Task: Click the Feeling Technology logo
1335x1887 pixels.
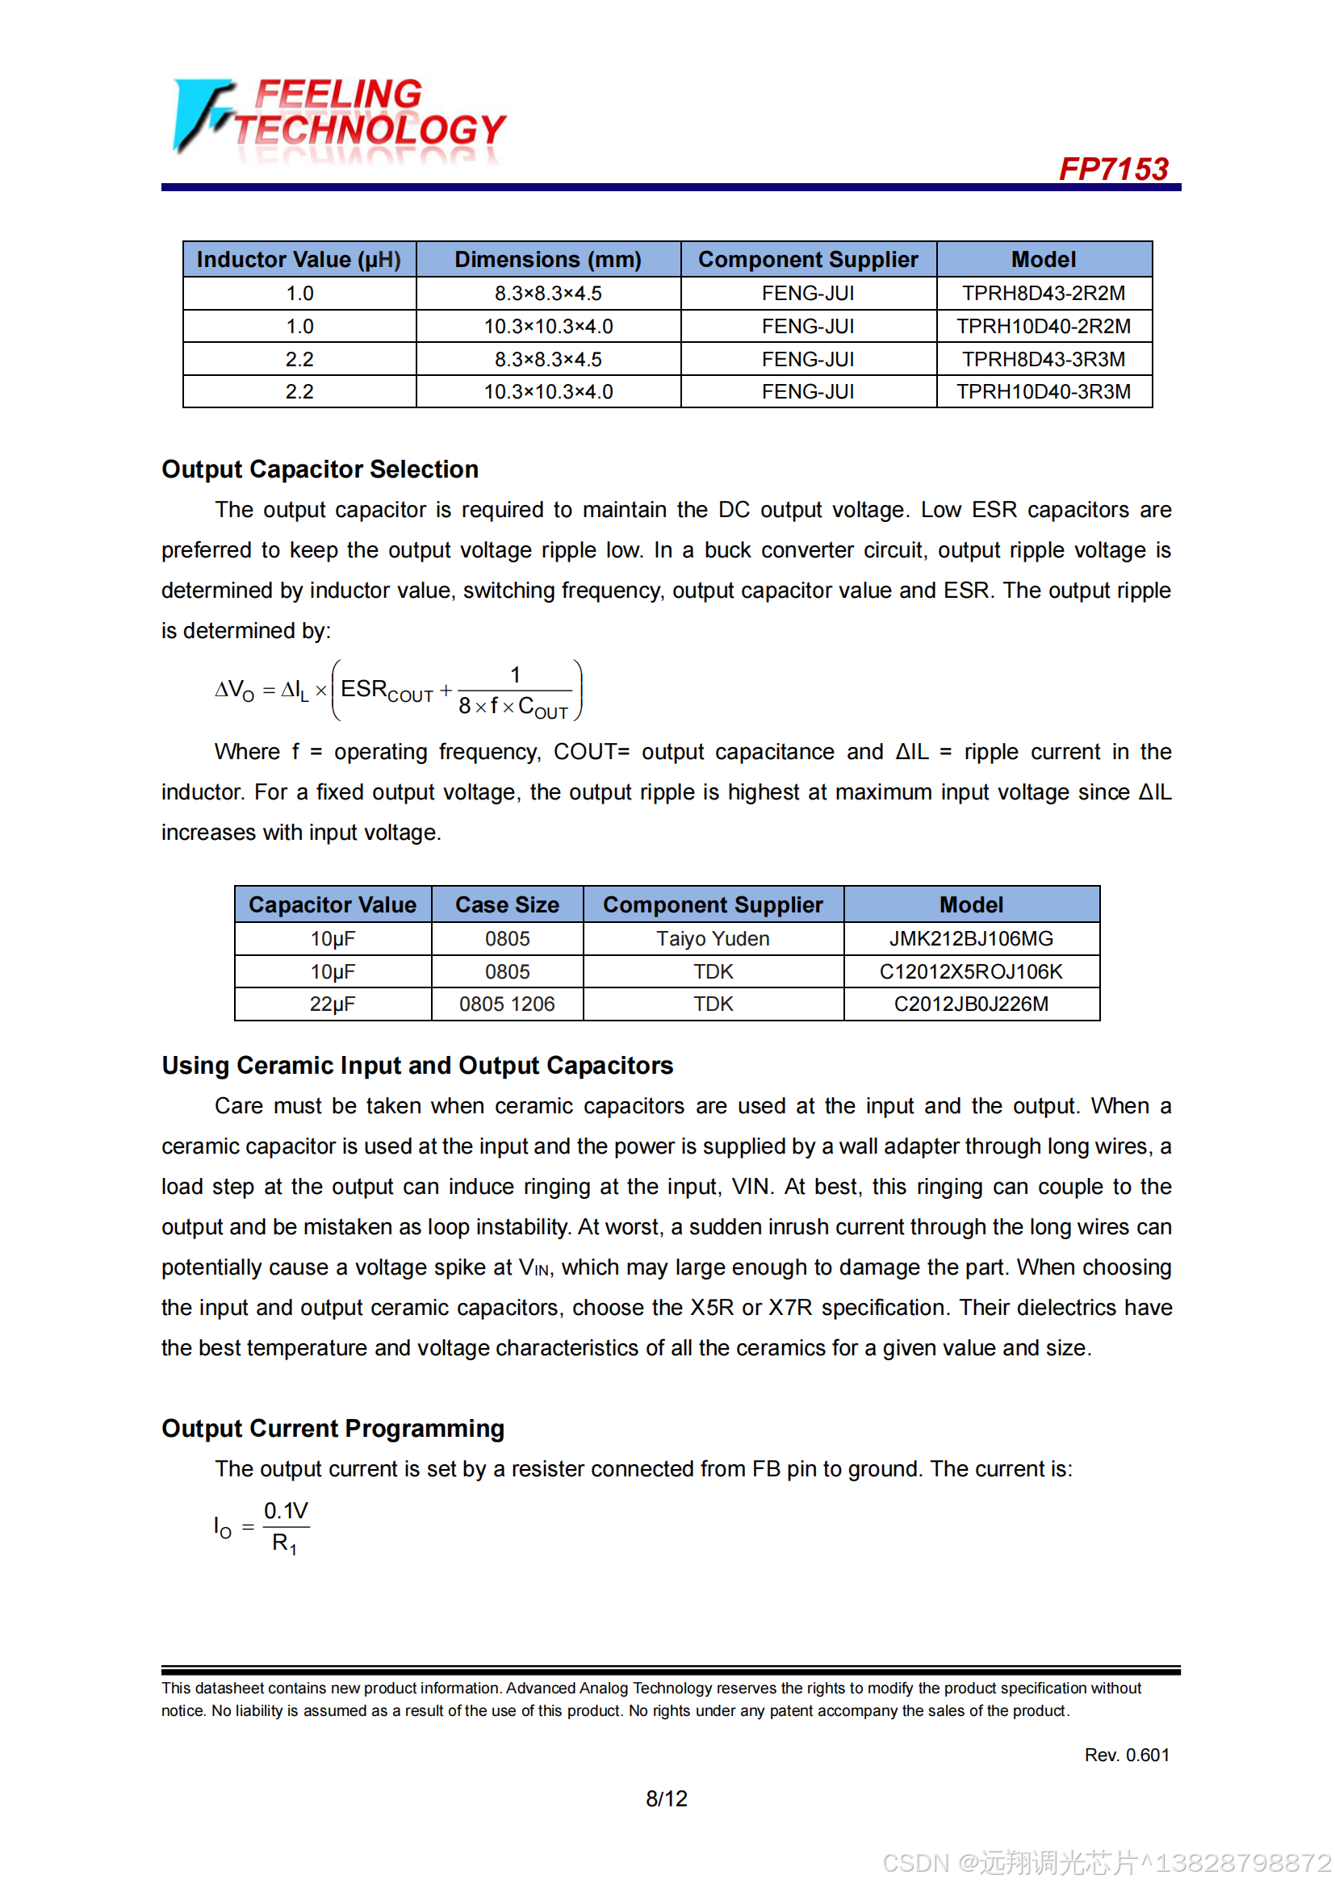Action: click(x=339, y=118)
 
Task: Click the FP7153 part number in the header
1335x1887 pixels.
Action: click(x=1113, y=169)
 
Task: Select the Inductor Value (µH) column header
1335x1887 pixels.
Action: click(x=299, y=260)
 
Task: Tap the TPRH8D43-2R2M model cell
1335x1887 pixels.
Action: click(x=1043, y=294)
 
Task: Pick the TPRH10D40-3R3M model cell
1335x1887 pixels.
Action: click(x=1043, y=392)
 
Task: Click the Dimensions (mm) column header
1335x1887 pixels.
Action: click(x=547, y=260)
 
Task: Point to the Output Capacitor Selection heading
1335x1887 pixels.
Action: click(x=320, y=470)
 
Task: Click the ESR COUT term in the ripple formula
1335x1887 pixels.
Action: click(x=386, y=691)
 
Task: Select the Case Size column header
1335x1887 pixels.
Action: click(x=507, y=905)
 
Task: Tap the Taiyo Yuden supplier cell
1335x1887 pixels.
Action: click(x=713, y=938)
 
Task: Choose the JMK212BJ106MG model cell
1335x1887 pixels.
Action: click(x=971, y=938)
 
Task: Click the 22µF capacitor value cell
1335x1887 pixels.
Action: click(x=332, y=1004)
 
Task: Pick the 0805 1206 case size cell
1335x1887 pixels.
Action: click(x=507, y=1004)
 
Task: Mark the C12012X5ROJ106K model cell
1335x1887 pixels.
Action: click(x=971, y=971)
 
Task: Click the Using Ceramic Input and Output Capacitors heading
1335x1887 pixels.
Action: click(x=417, y=1066)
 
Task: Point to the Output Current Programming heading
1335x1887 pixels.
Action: click(x=333, y=1430)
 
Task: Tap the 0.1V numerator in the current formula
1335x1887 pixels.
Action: click(x=285, y=1511)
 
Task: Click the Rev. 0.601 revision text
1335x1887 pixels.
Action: click(x=1126, y=1755)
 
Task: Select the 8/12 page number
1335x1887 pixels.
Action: click(x=667, y=1799)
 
